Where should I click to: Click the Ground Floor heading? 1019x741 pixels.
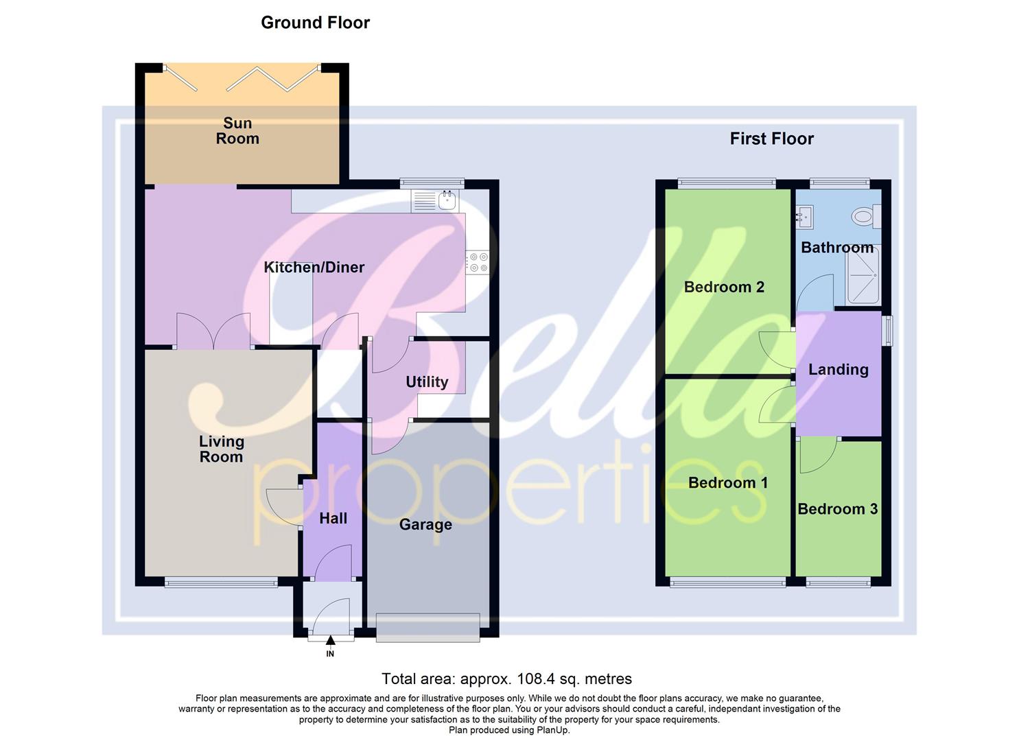pos(315,23)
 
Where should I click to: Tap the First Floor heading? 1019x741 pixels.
pos(771,139)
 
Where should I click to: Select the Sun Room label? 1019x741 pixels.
pos(237,131)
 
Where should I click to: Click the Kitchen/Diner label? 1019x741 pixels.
pos(314,268)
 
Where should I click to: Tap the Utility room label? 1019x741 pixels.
pos(426,382)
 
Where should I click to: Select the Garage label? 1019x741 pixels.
pos(425,525)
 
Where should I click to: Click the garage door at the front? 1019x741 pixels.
pos(427,628)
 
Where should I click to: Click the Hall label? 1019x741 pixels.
pos(333,519)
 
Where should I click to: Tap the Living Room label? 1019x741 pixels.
pos(221,449)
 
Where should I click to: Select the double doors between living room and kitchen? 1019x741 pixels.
pos(213,331)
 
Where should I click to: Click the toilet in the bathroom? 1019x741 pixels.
pos(864,217)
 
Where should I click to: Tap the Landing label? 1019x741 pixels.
pos(838,370)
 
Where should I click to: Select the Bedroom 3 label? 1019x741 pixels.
pos(837,509)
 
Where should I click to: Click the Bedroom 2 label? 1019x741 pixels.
pos(724,287)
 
